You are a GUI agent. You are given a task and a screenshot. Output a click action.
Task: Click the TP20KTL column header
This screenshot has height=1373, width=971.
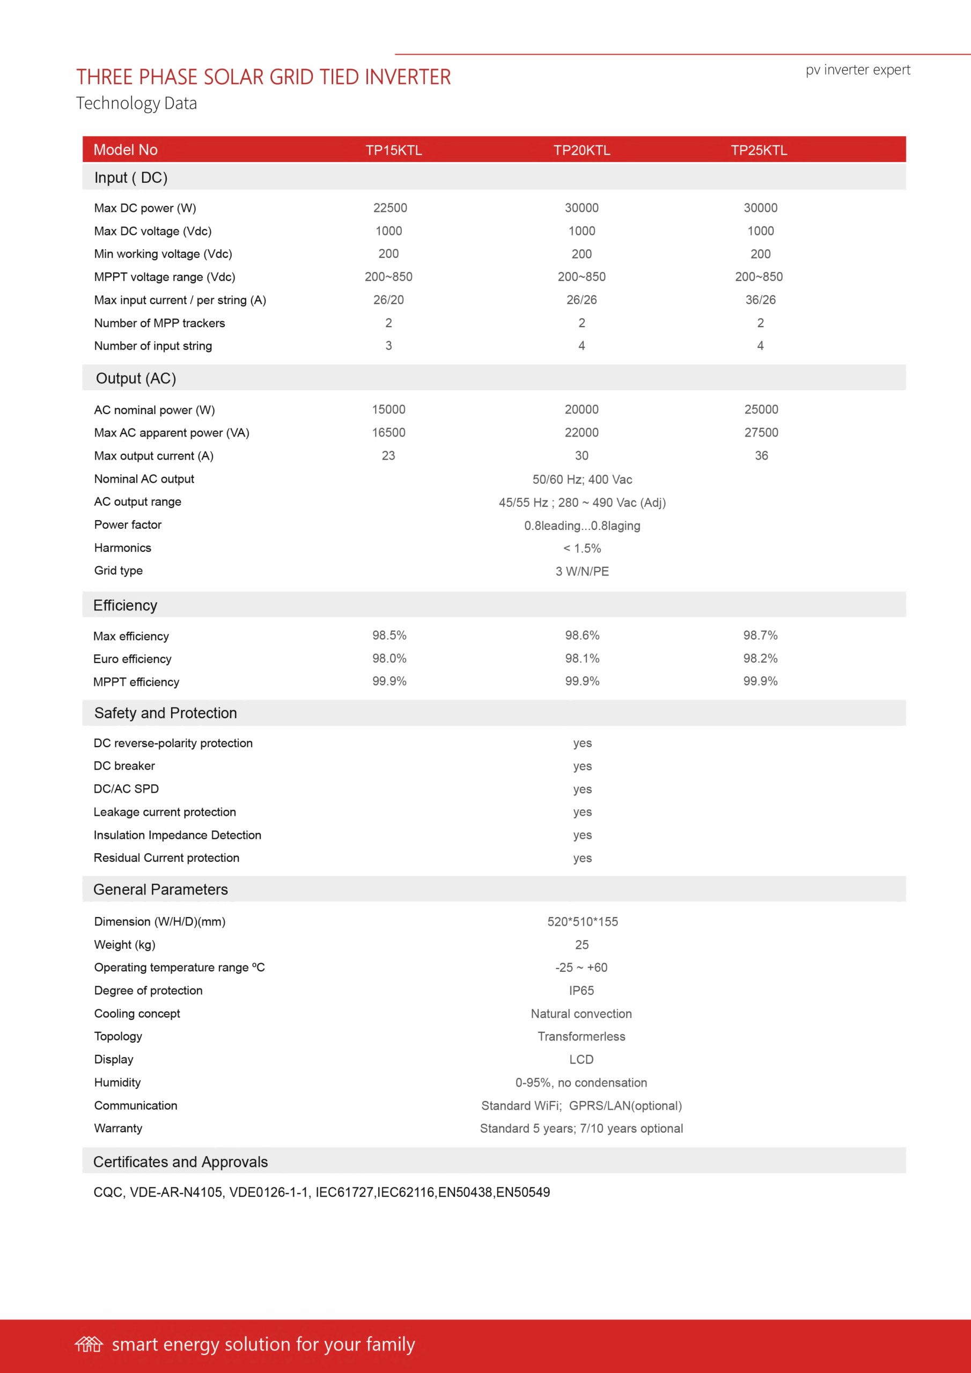click(x=582, y=150)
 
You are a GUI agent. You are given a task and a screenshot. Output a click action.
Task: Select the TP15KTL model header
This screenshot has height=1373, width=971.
click(x=394, y=150)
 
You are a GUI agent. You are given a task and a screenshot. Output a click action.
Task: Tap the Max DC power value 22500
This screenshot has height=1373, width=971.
click(x=390, y=208)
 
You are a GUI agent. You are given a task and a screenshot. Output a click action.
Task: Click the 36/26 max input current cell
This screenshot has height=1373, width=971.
click(x=760, y=300)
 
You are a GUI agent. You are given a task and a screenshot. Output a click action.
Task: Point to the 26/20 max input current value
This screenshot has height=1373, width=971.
click(x=388, y=300)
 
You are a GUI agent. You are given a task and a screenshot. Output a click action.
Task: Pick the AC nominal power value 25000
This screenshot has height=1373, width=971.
click(x=761, y=409)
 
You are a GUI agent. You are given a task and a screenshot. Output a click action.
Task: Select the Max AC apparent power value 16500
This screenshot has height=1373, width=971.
click(x=388, y=432)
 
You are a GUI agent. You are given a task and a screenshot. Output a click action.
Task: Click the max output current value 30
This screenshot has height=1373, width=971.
click(x=582, y=456)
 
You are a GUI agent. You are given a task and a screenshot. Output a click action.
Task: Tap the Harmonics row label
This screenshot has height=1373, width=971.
click(x=123, y=548)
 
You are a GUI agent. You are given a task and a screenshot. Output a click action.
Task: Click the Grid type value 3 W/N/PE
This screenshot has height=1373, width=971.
click(x=582, y=571)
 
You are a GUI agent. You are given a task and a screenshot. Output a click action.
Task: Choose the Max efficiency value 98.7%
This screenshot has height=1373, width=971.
click(x=760, y=635)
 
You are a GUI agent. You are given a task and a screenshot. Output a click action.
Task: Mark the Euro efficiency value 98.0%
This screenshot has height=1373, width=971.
click(x=389, y=659)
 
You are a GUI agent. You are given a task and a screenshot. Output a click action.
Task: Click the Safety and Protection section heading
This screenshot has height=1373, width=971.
click(x=166, y=713)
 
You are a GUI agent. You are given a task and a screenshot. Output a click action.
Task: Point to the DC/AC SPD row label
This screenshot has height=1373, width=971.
click(x=126, y=789)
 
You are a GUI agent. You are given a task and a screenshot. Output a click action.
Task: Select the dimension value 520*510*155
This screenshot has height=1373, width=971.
click(x=582, y=921)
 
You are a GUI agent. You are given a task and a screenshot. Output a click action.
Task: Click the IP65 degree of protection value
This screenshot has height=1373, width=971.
click(x=581, y=990)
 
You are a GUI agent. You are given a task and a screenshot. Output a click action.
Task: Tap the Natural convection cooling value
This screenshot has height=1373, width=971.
click(x=581, y=1014)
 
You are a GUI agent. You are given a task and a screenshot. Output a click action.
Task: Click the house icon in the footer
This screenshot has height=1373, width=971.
click(x=89, y=1344)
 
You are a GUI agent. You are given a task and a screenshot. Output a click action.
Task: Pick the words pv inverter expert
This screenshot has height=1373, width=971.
click(x=857, y=70)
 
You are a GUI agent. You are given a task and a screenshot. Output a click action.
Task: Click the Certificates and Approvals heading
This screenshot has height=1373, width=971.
click(x=180, y=1161)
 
